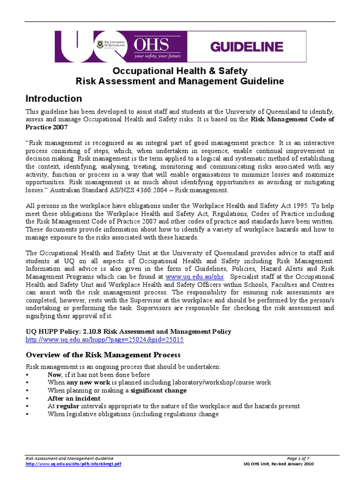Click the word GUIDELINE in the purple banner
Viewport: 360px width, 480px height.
247,46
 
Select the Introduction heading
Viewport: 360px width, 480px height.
53,98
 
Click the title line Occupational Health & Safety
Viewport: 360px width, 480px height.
180,71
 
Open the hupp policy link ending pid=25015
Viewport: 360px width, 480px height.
105,339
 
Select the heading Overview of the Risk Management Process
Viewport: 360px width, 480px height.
103,355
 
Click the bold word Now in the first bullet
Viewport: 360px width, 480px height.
54,375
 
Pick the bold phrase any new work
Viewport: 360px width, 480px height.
89,382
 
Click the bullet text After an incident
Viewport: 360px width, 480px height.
73,398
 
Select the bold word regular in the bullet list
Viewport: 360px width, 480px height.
67,406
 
